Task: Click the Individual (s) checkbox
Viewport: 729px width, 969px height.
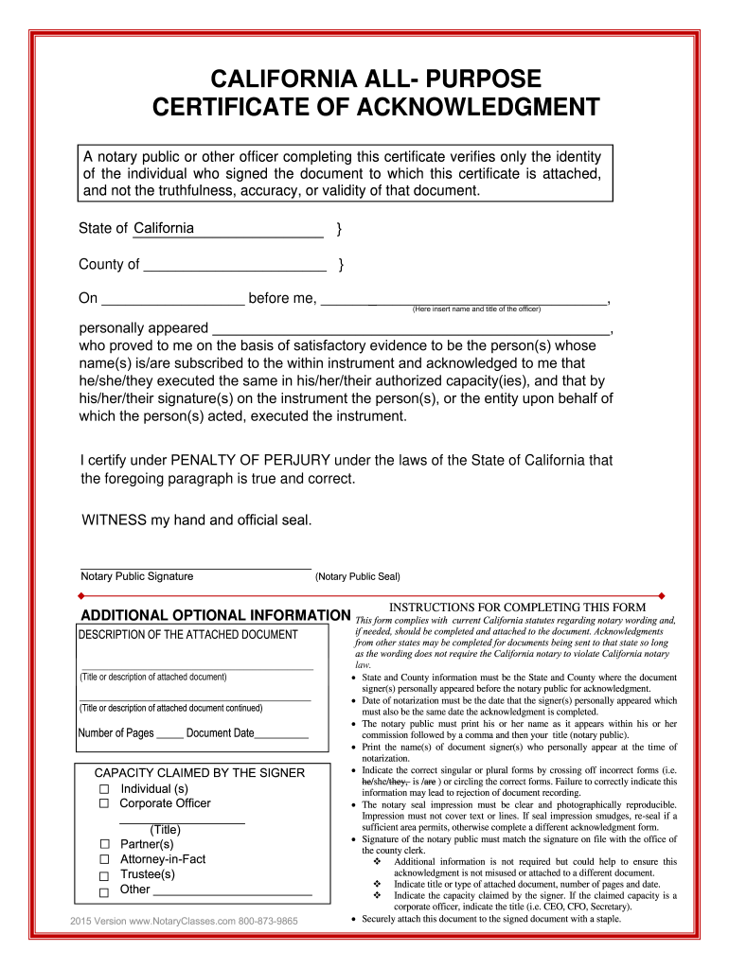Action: pos(104,789)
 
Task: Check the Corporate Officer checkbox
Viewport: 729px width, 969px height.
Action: pos(104,803)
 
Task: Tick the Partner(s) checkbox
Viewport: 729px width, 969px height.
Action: pos(104,844)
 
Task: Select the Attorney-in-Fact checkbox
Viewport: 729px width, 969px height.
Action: pos(104,859)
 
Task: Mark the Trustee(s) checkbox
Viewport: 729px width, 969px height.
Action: pos(104,875)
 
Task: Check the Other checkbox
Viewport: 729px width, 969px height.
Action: pos(104,890)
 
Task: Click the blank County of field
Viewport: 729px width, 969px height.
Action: pos(234,265)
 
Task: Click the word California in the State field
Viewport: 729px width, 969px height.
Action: pos(164,228)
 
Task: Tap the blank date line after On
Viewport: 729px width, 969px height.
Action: pos(172,299)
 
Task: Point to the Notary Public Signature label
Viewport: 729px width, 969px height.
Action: pos(137,576)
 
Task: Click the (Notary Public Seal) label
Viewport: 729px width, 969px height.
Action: pos(357,576)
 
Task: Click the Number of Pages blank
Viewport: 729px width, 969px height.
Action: pos(169,733)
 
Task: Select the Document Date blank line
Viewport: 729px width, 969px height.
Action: pos(281,733)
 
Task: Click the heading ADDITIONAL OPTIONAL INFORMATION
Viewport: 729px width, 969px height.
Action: pos(214,615)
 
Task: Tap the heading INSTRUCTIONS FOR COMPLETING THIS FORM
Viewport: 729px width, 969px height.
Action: pos(518,607)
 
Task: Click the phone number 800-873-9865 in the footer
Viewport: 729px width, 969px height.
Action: pos(268,921)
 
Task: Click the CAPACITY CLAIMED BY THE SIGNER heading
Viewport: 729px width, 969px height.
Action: pos(200,773)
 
